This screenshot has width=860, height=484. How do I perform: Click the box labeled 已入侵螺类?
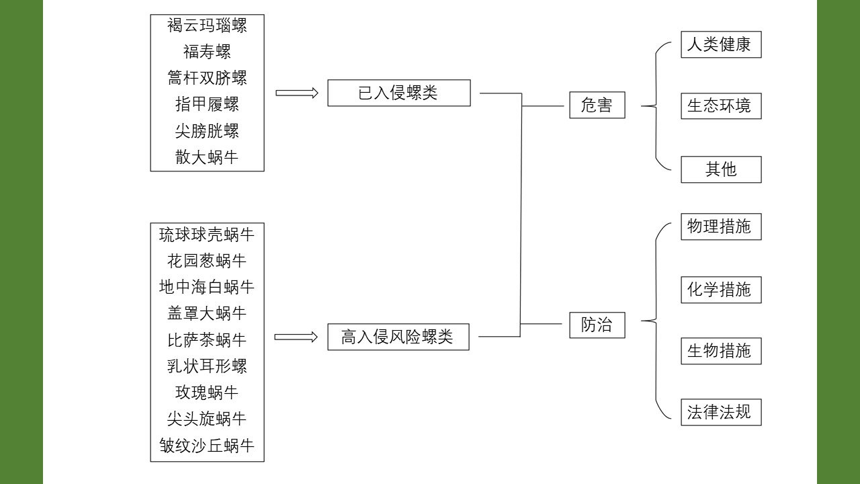click(398, 93)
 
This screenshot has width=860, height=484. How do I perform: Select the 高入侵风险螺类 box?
click(398, 337)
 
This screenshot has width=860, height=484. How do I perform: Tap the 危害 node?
click(597, 106)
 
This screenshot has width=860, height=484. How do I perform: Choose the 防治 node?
click(597, 325)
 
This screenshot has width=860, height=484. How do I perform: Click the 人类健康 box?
click(720, 45)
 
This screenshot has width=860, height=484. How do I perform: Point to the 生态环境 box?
click(720, 106)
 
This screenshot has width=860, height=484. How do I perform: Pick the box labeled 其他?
click(720, 169)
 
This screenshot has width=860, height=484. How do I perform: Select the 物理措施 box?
click(720, 227)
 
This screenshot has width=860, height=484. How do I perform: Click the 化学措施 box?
click(720, 290)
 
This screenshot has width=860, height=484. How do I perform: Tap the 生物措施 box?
click(720, 351)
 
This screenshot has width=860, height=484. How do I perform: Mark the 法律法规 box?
click(720, 412)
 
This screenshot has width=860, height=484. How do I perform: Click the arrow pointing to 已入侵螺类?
click(297, 93)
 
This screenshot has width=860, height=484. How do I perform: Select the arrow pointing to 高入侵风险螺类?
click(296, 337)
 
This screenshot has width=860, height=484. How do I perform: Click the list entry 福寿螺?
click(207, 52)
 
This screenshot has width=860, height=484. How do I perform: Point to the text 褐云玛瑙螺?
click(207, 26)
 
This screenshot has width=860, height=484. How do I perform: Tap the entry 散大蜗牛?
click(207, 157)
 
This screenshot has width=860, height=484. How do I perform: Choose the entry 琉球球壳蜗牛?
click(207, 235)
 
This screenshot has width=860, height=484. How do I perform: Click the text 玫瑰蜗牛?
click(207, 393)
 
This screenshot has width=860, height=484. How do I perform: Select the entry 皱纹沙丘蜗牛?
click(207, 445)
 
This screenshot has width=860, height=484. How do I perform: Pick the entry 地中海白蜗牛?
click(207, 287)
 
